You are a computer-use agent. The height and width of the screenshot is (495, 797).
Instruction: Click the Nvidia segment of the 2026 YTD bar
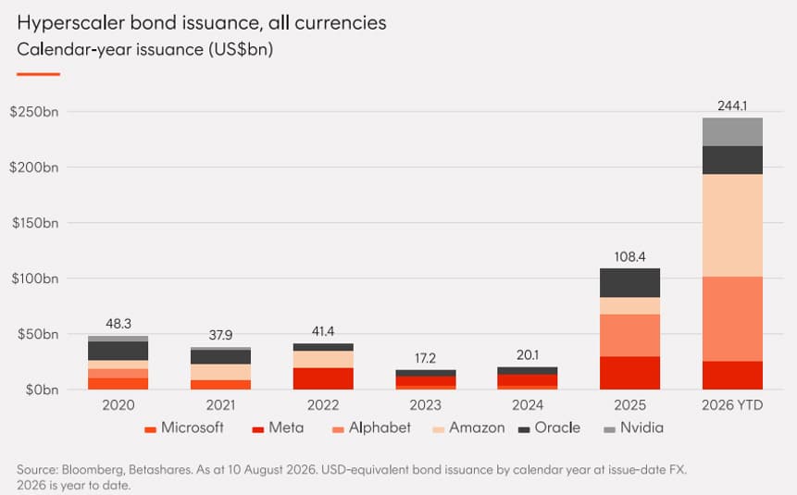point(732,132)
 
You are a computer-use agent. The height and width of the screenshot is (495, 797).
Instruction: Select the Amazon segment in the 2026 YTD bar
point(732,226)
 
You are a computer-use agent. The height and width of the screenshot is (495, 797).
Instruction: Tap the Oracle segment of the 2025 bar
point(629,283)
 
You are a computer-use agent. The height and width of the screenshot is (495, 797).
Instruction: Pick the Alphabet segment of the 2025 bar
point(629,336)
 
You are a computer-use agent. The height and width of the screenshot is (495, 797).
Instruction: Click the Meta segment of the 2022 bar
point(323,378)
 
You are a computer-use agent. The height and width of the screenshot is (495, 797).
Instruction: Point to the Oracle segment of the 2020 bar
point(118,352)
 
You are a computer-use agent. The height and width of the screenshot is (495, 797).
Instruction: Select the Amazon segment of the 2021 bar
point(220,372)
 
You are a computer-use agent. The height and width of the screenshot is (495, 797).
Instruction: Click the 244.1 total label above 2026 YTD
point(732,105)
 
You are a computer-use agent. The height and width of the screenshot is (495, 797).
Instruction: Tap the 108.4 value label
point(629,256)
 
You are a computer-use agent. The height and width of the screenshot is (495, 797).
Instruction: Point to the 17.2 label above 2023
point(426,358)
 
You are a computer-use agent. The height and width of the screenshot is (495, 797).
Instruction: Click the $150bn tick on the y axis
point(35,223)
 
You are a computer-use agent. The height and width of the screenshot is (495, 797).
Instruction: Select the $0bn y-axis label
point(43,390)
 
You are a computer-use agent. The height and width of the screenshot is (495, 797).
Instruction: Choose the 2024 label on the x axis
point(528,405)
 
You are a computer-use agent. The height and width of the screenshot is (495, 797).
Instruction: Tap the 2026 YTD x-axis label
point(732,405)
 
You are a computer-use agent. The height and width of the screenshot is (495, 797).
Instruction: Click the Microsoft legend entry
point(184,427)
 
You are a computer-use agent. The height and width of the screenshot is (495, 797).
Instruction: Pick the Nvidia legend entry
point(634,427)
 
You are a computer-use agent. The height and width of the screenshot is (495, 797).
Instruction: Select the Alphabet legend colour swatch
point(338,430)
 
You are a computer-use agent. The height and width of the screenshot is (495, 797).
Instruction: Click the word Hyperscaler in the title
point(70,23)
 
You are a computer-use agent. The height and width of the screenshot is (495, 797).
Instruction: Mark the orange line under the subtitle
point(39,74)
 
